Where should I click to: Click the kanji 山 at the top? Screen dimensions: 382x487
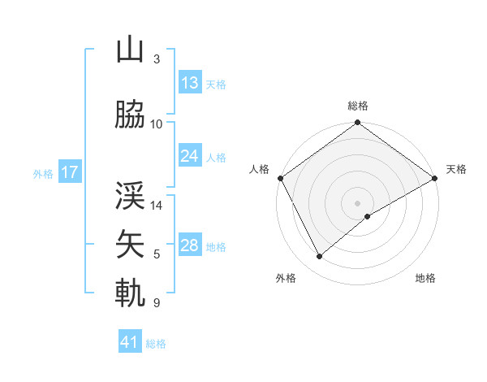point(130,50)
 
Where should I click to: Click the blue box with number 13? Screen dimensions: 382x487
point(190,83)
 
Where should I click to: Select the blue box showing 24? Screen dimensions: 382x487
point(190,156)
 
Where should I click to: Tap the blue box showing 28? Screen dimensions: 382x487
point(190,245)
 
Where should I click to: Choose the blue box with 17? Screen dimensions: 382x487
point(70,172)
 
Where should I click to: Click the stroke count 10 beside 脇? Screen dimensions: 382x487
point(157,124)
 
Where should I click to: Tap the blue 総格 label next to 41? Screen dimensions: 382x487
point(156,344)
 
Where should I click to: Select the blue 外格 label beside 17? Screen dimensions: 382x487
point(43,173)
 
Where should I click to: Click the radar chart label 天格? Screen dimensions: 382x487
point(456,169)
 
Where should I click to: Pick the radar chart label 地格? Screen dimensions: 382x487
point(425,278)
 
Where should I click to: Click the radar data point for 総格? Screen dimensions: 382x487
point(357,124)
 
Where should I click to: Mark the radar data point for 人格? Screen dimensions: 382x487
point(280,178)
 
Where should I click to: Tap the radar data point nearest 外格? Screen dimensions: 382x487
point(319,257)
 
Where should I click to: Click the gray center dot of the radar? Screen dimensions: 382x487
point(357,202)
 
